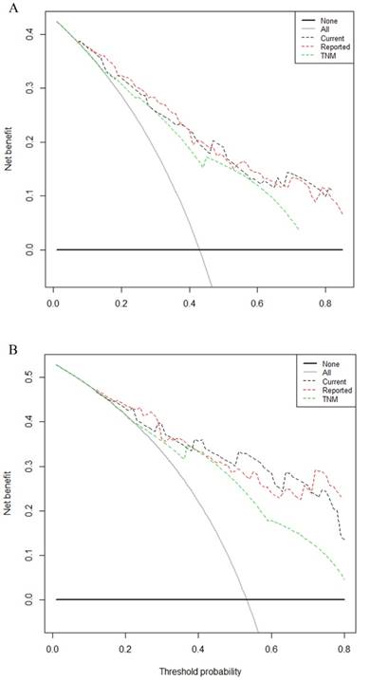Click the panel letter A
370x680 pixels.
point(13,9)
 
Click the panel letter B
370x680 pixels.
point(13,350)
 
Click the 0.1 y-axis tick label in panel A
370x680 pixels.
point(30,195)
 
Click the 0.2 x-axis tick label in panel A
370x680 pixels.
point(121,301)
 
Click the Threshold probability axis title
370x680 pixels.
point(199,671)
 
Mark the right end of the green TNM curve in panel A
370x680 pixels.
point(299,229)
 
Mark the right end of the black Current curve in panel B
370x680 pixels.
point(344,539)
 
